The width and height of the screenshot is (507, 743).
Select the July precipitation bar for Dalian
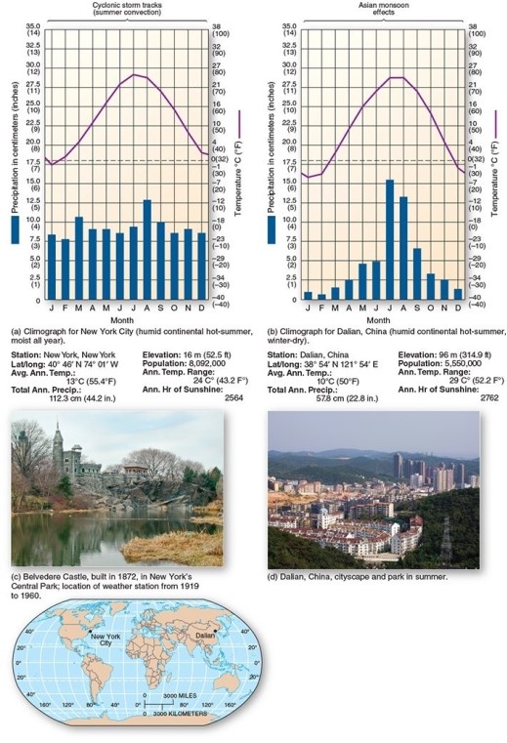point(390,239)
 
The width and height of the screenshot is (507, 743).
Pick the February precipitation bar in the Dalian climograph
point(321,296)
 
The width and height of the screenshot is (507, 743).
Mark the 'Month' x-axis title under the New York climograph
point(122,319)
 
